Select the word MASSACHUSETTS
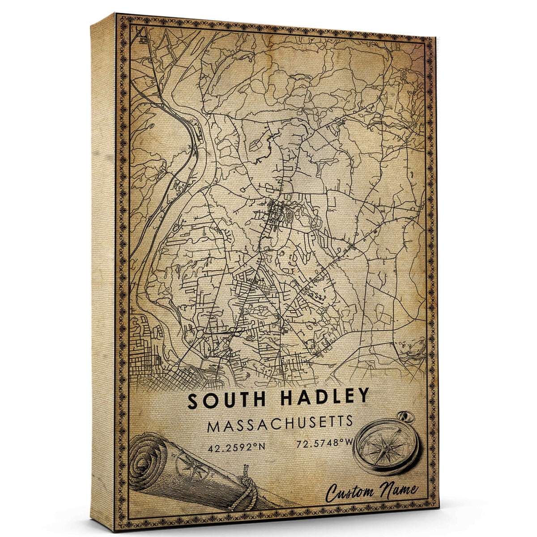coord(280,423)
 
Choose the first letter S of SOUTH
coord(194,401)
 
